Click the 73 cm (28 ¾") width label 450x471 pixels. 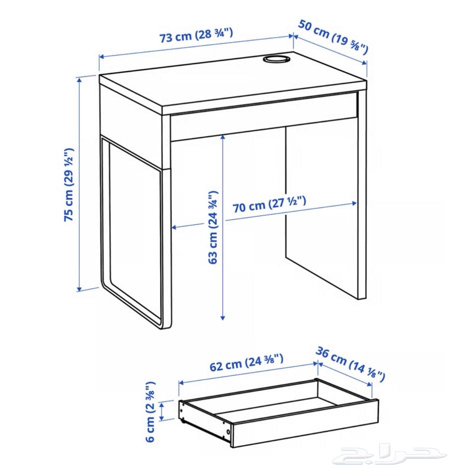point(196,36)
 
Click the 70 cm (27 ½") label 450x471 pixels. point(269,205)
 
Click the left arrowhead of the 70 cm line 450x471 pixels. point(174,227)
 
